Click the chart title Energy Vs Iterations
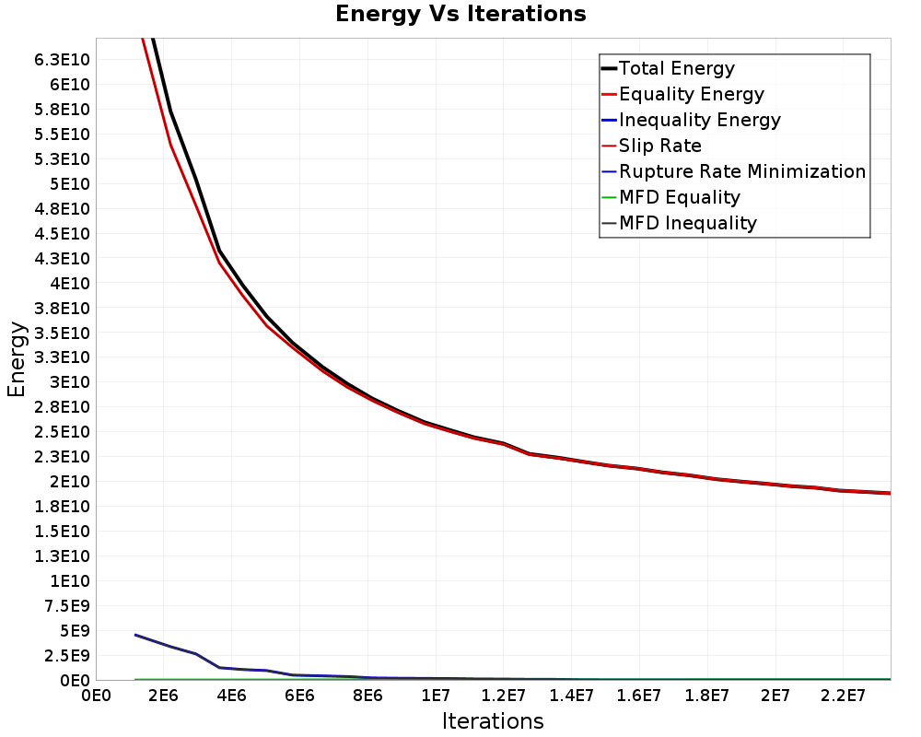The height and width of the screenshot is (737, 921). point(460,14)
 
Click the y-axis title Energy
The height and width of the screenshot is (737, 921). point(17,359)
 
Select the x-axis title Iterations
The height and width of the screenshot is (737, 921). point(493,721)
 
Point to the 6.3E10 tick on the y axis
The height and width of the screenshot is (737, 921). point(62,60)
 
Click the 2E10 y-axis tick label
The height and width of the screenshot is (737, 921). point(69,482)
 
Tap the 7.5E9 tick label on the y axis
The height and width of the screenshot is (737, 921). point(67,606)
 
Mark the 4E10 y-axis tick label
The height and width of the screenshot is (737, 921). point(69,283)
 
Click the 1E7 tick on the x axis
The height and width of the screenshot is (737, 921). point(436,696)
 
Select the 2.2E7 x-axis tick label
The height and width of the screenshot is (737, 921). point(843,696)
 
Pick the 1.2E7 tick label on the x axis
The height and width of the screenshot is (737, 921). point(504,696)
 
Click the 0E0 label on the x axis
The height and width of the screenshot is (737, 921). point(96,696)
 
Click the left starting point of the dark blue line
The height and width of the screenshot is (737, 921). point(135,635)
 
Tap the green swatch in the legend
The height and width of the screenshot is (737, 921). point(609,197)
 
